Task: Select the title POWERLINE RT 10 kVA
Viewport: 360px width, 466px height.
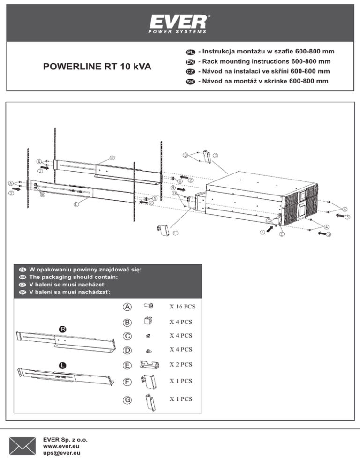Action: (x=97, y=67)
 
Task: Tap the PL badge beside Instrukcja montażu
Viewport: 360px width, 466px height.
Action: (x=190, y=52)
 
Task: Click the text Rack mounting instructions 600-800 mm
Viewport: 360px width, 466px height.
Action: (x=265, y=61)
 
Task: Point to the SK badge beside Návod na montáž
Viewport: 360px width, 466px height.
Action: (x=190, y=82)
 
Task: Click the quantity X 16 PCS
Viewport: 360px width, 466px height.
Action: (x=182, y=307)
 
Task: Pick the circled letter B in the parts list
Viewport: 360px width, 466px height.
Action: (x=127, y=322)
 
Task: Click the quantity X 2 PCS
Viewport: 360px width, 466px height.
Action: (x=181, y=364)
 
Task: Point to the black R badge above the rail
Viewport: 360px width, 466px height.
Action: (x=62, y=329)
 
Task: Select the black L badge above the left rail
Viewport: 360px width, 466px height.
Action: (x=62, y=365)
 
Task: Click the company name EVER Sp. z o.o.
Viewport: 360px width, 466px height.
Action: (x=65, y=440)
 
